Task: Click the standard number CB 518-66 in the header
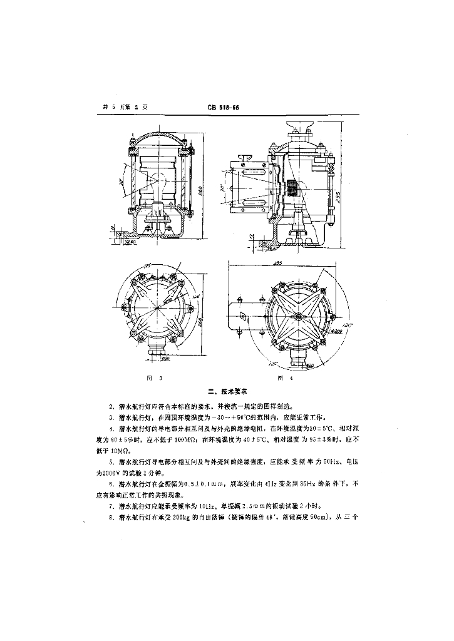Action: pyautogui.click(x=224, y=107)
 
